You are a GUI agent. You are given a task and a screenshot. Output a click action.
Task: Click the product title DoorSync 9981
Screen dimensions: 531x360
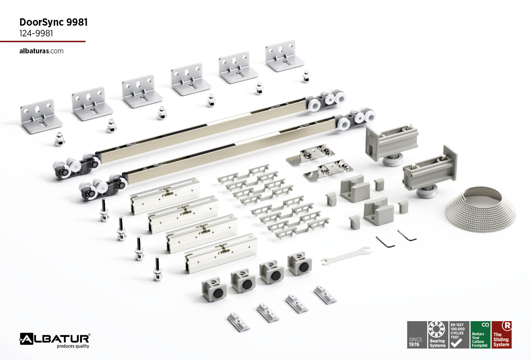[53, 22]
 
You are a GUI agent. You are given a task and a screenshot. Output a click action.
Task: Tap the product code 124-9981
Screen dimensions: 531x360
[36, 33]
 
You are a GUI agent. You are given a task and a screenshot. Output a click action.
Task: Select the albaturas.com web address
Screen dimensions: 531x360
[41, 51]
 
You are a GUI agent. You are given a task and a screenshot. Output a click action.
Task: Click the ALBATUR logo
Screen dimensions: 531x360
[55, 339]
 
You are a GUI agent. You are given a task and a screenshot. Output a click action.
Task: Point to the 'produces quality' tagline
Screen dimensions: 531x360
[73, 346]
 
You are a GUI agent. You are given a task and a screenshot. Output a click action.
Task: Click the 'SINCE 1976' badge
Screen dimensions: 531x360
[417, 335]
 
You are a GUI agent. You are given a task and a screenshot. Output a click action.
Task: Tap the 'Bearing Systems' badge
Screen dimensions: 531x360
[437, 335]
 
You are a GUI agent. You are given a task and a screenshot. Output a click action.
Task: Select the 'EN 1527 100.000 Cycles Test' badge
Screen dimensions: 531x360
[459, 335]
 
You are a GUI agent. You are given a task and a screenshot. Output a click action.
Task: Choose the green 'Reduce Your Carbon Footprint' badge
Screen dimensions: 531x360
[481, 335]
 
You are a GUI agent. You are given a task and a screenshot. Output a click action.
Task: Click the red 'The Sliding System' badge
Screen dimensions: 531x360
[502, 335]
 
